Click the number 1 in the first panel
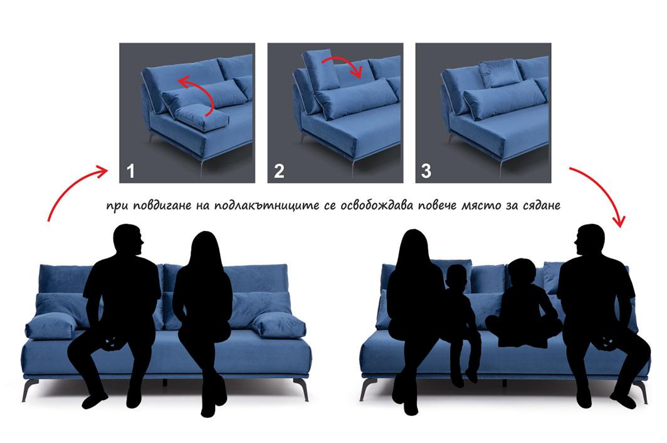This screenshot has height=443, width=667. (130, 171)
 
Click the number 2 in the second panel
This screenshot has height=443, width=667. (279, 171)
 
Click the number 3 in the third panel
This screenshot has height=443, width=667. (426, 171)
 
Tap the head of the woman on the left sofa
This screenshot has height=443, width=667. (205, 249)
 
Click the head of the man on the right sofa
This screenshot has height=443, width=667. (589, 241)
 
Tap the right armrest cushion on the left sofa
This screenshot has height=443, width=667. (279, 325)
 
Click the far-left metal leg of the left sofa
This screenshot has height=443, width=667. (27, 390)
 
